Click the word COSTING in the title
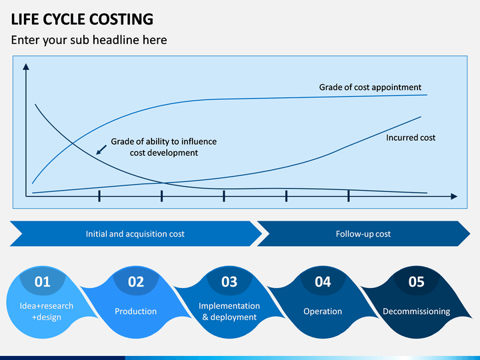pyautogui.click(x=121, y=19)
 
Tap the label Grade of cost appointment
pyautogui.click(x=370, y=87)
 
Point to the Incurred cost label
pyautogui.click(x=411, y=138)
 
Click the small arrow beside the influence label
pyautogui.click(x=101, y=150)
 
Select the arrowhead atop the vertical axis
pyautogui.click(x=26, y=67)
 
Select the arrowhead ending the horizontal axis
pyautogui.click(x=454, y=196)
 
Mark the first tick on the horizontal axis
pyautogui.click(x=99, y=196)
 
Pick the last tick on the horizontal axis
pyautogui.click(x=349, y=196)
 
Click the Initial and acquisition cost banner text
pyautogui.click(x=135, y=234)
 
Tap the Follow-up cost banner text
pyautogui.click(x=363, y=234)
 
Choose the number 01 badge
pyautogui.click(x=42, y=281)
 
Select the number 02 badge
pyautogui.click(x=136, y=281)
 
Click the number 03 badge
pyautogui.click(x=229, y=281)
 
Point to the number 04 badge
pyautogui.click(x=323, y=281)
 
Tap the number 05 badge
pyautogui.click(x=416, y=281)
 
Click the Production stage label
pyautogui.click(x=135, y=311)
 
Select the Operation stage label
pyautogui.click(x=323, y=311)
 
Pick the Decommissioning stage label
pyautogui.click(x=416, y=311)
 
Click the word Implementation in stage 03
pyautogui.click(x=229, y=306)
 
